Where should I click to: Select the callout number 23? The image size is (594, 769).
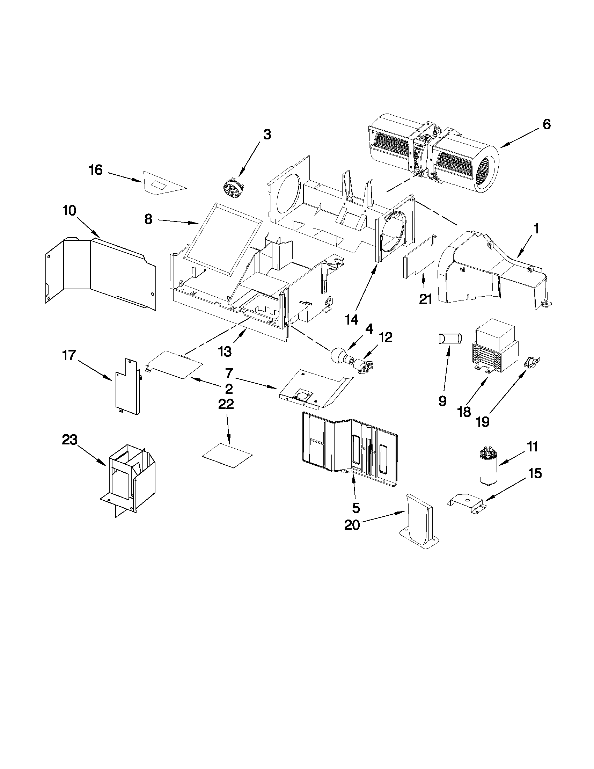click(69, 440)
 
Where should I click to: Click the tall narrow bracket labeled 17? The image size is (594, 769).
click(128, 387)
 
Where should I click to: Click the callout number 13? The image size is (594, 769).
click(225, 351)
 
